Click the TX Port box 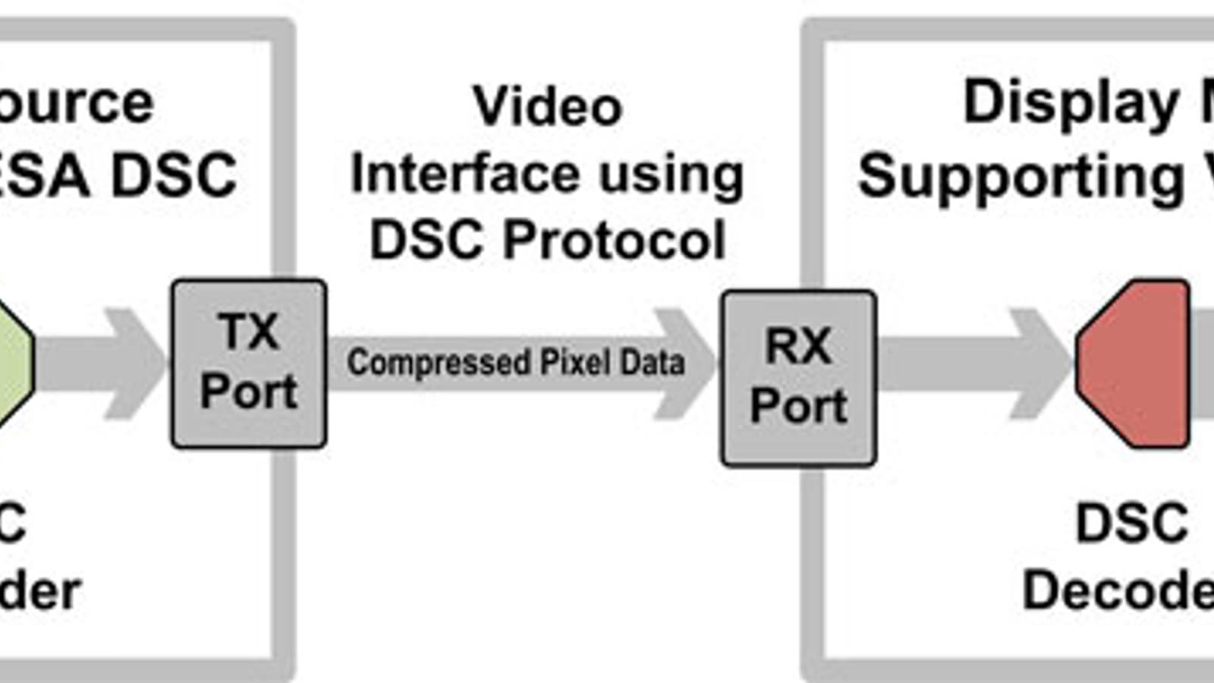(249, 364)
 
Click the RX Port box (798, 378)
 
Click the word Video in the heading (547, 106)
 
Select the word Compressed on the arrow (438, 362)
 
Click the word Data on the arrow (652, 362)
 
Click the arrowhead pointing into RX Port (687, 364)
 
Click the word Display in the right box (1071, 102)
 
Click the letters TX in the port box (249, 332)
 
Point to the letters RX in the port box (798, 346)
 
